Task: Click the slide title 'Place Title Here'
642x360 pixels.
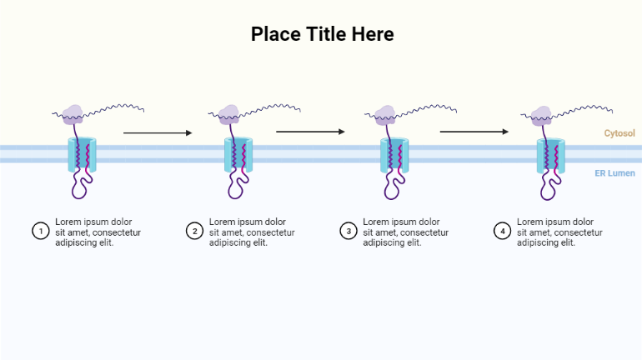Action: (x=322, y=34)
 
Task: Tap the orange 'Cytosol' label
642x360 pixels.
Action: (x=619, y=133)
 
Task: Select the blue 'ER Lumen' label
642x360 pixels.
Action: (x=614, y=173)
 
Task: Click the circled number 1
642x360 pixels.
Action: (x=40, y=231)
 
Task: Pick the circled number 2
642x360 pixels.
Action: (x=194, y=231)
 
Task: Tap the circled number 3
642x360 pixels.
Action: (x=349, y=231)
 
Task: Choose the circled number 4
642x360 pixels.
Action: (x=502, y=231)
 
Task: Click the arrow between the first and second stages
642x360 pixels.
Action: (x=157, y=132)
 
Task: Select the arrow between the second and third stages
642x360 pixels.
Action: (x=310, y=132)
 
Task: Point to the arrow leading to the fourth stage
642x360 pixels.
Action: (x=474, y=132)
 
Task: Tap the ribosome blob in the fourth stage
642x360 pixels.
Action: (x=542, y=115)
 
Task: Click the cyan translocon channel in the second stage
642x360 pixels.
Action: (x=237, y=155)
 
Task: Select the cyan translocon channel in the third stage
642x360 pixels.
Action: (x=394, y=155)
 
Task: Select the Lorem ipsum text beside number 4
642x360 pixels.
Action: (x=559, y=232)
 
